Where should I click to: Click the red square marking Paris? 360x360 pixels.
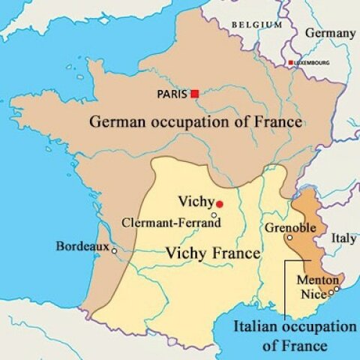[195, 93]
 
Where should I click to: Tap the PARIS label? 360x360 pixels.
[172, 94]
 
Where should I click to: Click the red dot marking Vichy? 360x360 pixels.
[219, 203]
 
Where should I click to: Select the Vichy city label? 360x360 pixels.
[196, 201]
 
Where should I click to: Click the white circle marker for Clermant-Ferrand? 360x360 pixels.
[214, 215]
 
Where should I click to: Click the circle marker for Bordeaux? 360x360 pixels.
[114, 250]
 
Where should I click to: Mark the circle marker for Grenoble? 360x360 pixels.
[289, 238]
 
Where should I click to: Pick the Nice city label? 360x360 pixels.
[313, 294]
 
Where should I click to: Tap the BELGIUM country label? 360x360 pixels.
[257, 25]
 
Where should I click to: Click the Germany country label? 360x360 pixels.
[331, 34]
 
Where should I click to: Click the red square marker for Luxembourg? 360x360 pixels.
[290, 62]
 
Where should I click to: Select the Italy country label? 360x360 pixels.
[344, 238]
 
